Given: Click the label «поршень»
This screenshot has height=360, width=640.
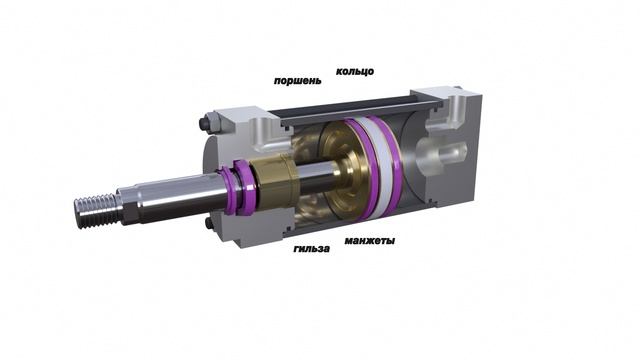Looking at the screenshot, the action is (x=298, y=80).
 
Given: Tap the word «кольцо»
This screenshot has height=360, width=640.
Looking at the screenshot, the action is (x=355, y=71).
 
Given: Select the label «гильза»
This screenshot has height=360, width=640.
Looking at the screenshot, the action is (x=311, y=248).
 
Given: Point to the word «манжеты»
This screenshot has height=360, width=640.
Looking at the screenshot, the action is (x=369, y=240).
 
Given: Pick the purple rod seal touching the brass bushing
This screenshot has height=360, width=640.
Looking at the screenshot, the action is (x=244, y=186).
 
